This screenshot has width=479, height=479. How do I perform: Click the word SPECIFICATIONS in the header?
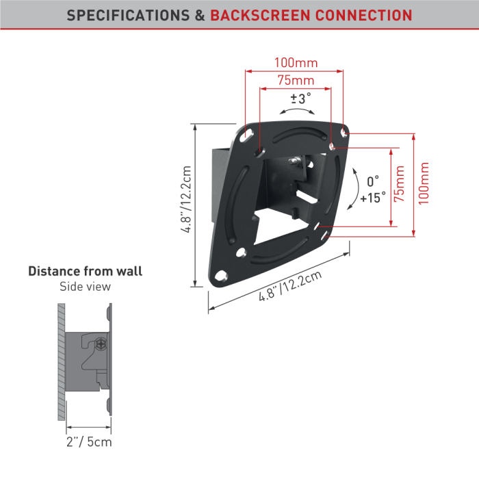[129, 15]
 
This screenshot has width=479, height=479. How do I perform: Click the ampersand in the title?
[200, 15]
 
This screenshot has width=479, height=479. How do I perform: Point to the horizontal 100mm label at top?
[296, 63]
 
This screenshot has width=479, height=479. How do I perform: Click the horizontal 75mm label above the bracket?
[296, 80]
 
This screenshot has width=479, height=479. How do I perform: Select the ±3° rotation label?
[300, 99]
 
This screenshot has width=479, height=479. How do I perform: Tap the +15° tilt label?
[373, 198]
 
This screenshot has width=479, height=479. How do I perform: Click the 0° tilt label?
[373, 181]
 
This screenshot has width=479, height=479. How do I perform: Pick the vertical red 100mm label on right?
[424, 183]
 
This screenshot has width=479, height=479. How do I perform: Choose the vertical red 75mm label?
[399, 183]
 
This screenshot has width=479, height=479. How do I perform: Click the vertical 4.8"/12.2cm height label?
[185, 199]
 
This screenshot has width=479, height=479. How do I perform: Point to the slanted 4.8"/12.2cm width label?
[290, 286]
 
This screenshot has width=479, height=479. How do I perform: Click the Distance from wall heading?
[86, 271]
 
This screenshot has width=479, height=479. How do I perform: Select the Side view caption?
[86, 287]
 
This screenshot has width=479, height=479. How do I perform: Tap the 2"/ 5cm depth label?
[89, 442]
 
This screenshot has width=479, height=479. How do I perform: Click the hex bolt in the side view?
[101, 344]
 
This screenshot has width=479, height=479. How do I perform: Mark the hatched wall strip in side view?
[62, 362]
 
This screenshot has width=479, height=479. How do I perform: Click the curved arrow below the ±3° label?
[297, 111]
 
